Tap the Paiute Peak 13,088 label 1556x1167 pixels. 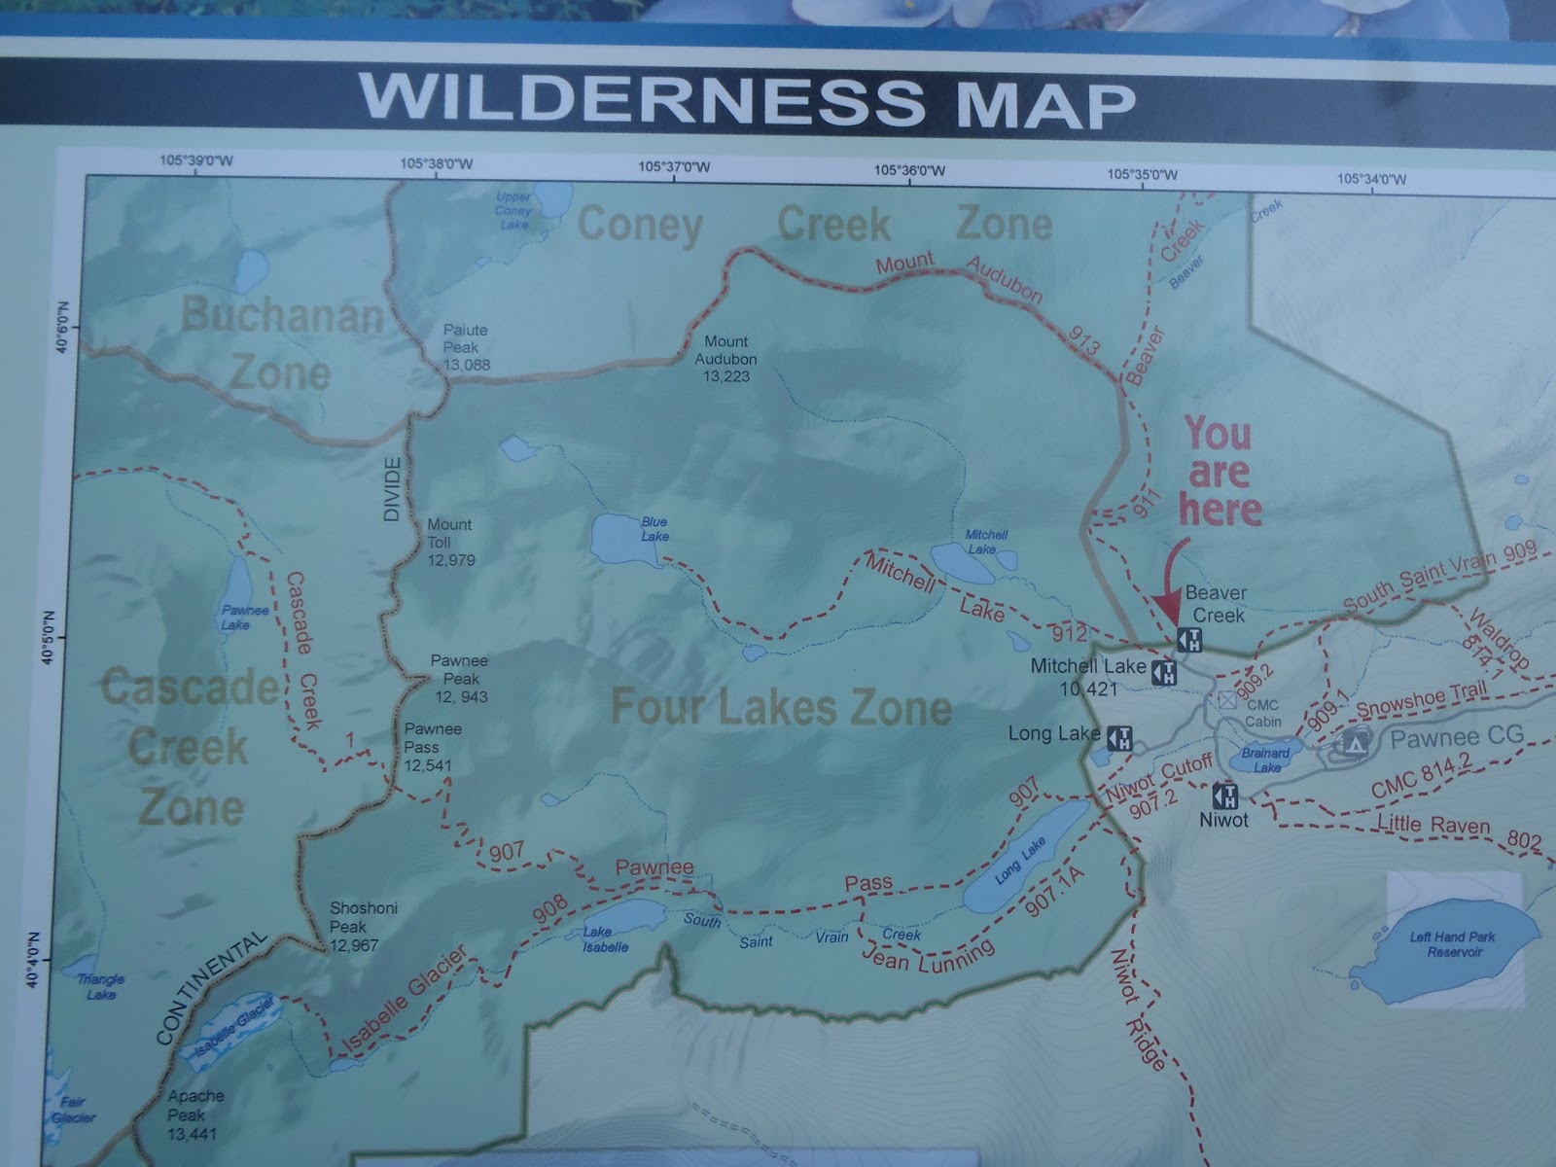[466, 347]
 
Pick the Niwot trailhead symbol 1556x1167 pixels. [1226, 796]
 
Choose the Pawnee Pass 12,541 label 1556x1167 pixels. [434, 747]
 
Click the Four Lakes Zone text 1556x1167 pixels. [781, 708]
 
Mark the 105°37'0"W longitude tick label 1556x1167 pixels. [674, 166]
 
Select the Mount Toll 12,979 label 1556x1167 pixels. [450, 541]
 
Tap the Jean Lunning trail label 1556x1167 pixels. [928, 959]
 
